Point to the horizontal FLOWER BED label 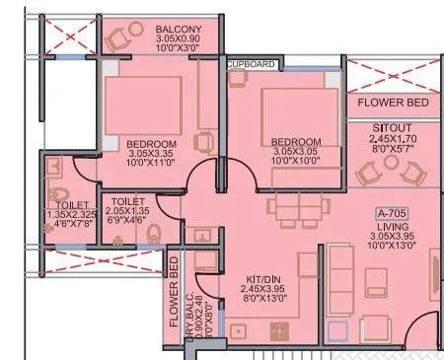click(393, 102)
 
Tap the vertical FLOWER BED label click(174, 291)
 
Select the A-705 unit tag click(393, 211)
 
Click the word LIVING click(393, 224)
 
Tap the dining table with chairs click(293, 207)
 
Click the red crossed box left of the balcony click(70, 37)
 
